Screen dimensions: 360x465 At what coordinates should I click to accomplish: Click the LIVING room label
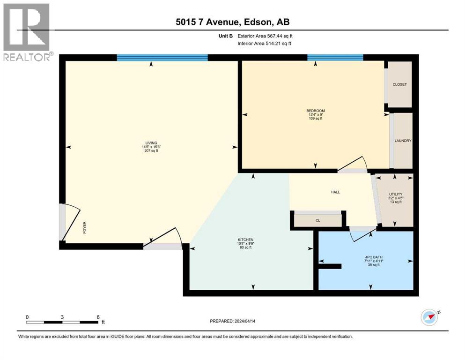click(x=151, y=143)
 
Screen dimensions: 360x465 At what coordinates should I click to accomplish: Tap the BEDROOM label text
click(x=315, y=111)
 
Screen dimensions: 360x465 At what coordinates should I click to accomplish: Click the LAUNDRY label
click(x=403, y=141)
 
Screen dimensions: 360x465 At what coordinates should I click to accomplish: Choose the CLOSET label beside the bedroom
click(x=399, y=84)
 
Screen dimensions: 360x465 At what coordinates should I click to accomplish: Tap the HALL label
click(x=335, y=192)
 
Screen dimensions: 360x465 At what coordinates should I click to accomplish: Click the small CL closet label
click(x=317, y=220)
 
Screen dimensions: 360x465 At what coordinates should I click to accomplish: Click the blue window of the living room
click(x=162, y=58)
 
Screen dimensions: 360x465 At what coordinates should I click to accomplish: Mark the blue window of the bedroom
click(x=335, y=58)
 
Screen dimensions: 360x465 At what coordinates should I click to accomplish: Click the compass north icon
click(x=429, y=317)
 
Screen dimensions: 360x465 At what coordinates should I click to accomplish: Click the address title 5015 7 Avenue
click(x=232, y=22)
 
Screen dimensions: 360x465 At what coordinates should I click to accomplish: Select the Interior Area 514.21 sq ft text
click(x=265, y=43)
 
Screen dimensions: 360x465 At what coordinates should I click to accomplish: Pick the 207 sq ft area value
click(x=151, y=151)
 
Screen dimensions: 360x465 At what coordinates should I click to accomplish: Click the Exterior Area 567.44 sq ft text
click(x=265, y=36)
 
